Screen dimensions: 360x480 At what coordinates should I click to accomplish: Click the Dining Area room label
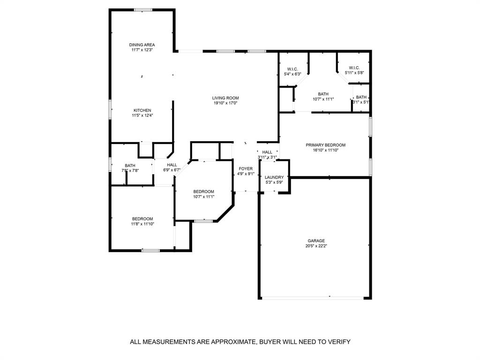click(142, 45)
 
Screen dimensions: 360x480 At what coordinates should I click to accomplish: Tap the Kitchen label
click(142, 111)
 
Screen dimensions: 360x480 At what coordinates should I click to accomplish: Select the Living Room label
click(225, 98)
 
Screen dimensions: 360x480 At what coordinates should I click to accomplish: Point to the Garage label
click(316, 241)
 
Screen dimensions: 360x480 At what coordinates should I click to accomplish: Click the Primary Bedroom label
click(325, 145)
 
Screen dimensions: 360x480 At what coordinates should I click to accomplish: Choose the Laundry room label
click(274, 177)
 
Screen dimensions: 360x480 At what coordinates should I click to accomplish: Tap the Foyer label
click(246, 169)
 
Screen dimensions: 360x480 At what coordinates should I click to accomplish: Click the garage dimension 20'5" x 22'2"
click(316, 246)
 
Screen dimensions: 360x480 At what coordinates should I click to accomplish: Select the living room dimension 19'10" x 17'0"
click(225, 103)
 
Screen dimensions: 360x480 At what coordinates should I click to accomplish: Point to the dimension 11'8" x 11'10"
click(142, 224)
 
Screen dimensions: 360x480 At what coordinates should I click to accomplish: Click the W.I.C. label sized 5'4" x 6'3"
click(292, 69)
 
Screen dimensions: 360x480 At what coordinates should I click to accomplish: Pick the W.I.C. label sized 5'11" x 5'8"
click(354, 67)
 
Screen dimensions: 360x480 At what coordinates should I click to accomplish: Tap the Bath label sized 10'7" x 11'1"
click(323, 94)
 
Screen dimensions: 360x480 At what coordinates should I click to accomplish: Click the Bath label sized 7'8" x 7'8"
click(130, 165)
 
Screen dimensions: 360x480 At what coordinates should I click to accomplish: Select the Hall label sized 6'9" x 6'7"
click(172, 165)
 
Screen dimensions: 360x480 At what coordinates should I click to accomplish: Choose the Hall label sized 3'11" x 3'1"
click(267, 152)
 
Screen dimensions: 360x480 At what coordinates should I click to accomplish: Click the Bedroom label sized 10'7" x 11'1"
click(204, 192)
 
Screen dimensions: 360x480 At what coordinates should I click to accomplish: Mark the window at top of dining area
click(142, 10)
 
